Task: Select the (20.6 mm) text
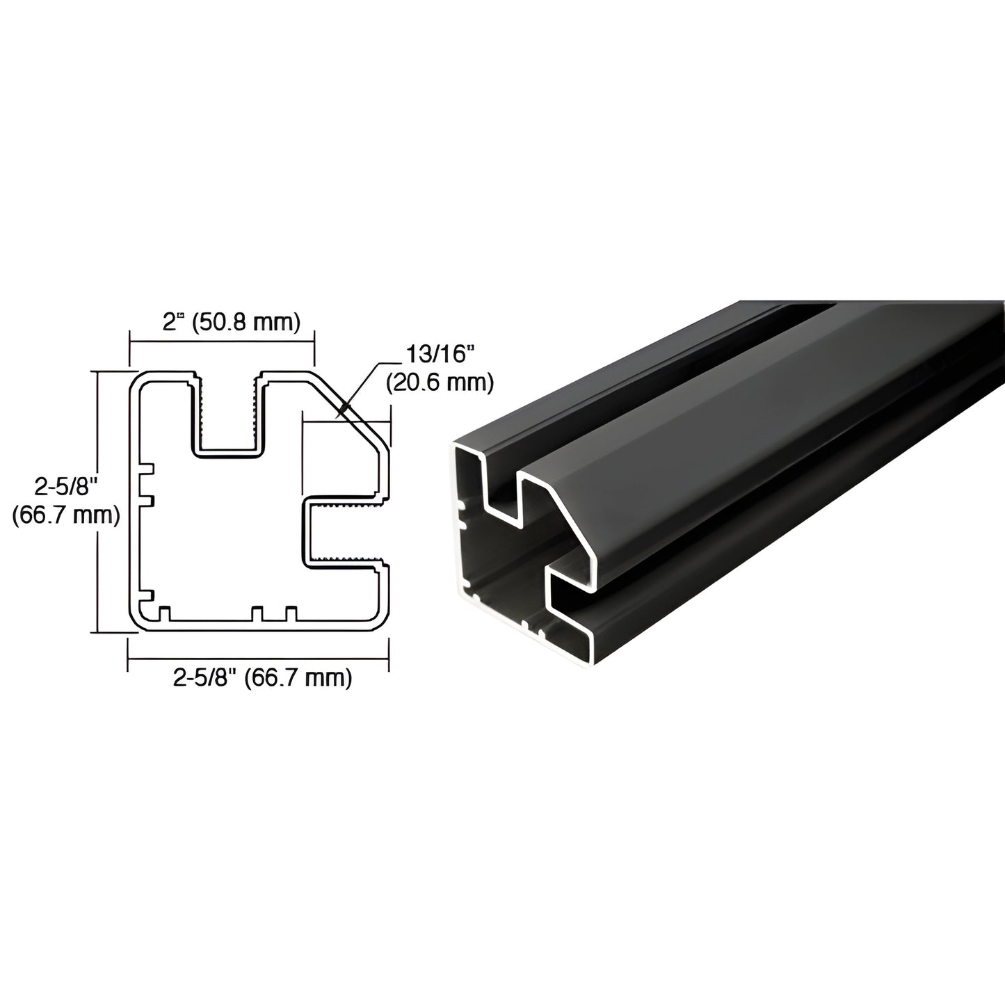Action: pyautogui.click(x=439, y=381)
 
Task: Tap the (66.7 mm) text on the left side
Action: pyautogui.click(x=66, y=515)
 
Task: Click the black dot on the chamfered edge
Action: pyautogui.click(x=343, y=408)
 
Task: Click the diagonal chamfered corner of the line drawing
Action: pyautogui.click(x=355, y=417)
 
